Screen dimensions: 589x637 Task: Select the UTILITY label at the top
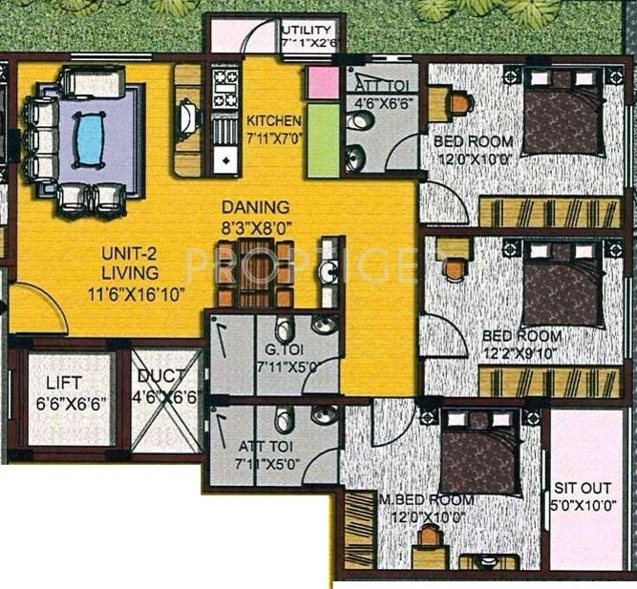308,31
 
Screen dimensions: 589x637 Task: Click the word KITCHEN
274,121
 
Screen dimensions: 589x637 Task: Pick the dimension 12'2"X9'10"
523,352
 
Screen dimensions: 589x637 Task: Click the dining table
255,273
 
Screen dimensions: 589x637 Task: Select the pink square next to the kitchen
324,83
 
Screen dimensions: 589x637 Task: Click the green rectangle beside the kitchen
324,139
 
